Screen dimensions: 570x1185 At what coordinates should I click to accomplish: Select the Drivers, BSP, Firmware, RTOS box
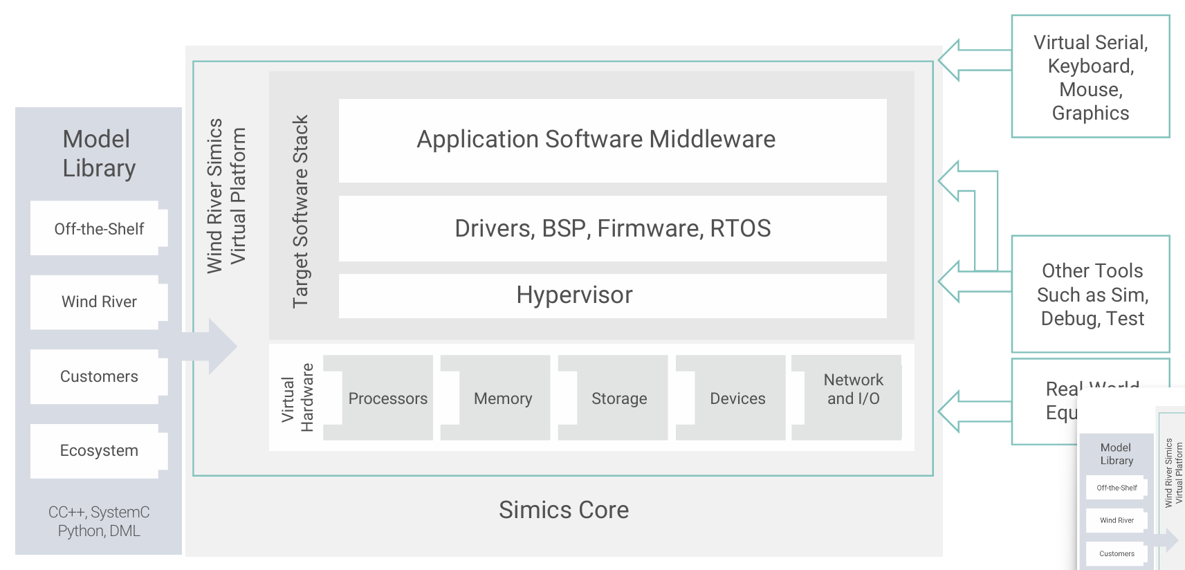pyautogui.click(x=612, y=228)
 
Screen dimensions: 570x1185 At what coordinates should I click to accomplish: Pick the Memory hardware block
pyautogui.click(x=503, y=398)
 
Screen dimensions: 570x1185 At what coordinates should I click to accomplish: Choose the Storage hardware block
pyautogui.click(x=619, y=398)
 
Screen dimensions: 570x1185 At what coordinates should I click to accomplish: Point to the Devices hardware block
pyautogui.click(x=737, y=398)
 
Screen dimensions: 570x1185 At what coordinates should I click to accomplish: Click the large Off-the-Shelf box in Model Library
pyautogui.click(x=98, y=229)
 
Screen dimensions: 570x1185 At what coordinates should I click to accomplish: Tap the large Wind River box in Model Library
pyautogui.click(x=98, y=302)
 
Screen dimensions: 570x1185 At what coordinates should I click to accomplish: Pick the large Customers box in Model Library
pyautogui.click(x=98, y=376)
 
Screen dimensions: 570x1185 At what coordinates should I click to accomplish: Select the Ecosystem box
pyautogui.click(x=98, y=451)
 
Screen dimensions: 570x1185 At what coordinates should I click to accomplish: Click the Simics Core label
pyautogui.click(x=564, y=511)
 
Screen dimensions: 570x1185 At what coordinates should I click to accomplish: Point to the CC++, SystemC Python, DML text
pyautogui.click(x=98, y=522)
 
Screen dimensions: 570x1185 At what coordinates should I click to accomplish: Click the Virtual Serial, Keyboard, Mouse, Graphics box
pyautogui.click(x=1090, y=77)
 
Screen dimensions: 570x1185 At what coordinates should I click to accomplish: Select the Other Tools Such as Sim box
pyautogui.click(x=1091, y=294)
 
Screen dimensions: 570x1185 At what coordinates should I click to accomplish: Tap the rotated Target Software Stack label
pyautogui.click(x=300, y=211)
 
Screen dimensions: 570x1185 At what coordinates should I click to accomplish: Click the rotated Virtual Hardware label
pyautogui.click(x=297, y=398)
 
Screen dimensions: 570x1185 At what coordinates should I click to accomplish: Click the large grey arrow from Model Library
pyautogui.click(x=214, y=347)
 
